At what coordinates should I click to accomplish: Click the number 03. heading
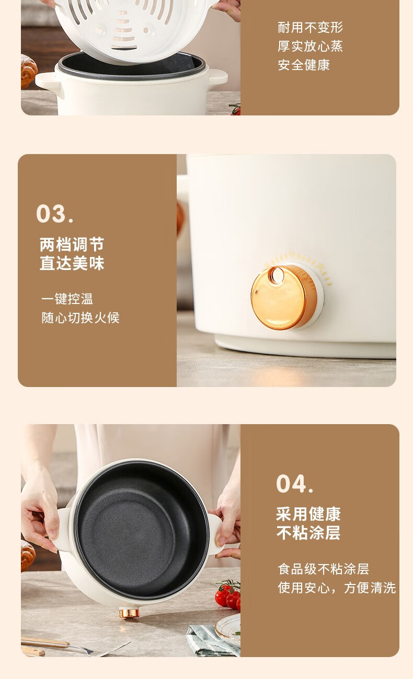coord(54,214)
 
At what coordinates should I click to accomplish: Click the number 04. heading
coord(295,483)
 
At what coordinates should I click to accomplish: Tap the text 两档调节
coord(72,244)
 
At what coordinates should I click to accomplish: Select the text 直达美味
coord(72,263)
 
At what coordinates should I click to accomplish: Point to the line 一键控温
coord(67,299)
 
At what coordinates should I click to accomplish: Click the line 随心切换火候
coord(81,318)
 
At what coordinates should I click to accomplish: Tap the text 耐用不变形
coord(310,28)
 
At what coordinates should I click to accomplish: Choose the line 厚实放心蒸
coord(310,46)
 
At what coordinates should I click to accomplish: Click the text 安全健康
coord(304,65)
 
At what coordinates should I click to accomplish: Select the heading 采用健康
coord(308,514)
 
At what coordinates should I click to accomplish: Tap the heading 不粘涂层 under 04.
coord(308,533)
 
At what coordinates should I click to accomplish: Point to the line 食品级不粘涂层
coord(323,569)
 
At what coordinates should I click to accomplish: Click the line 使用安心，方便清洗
coord(337,588)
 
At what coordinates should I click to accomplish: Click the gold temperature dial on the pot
coord(284,297)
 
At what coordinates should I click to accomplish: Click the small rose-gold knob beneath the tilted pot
coord(129,613)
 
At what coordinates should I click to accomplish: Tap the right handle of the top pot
coord(217,77)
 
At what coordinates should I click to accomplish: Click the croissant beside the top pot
coord(29,72)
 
